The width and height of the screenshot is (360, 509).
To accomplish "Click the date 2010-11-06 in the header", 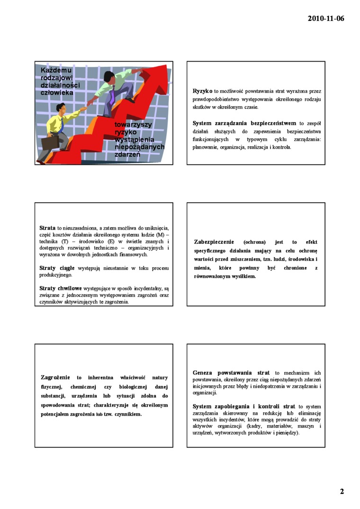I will tap(326, 19).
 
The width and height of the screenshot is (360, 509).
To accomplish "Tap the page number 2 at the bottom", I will tap(342, 491).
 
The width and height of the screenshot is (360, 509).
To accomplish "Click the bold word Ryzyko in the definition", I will tap(202, 90).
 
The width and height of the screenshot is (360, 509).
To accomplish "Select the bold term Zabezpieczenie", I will tap(214, 242).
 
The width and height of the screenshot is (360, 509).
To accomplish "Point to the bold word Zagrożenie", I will tap(55, 377).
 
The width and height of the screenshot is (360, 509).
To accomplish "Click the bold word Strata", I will tap(48, 228).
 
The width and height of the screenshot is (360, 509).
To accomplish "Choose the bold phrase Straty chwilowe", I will tap(61, 288).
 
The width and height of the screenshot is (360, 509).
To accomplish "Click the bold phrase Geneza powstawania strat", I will tap(231, 373).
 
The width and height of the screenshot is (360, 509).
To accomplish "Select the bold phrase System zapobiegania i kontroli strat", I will tap(244, 406).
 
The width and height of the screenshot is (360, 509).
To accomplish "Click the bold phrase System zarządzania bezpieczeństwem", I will tap(244, 123).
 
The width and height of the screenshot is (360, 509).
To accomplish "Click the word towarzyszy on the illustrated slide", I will tap(133, 125).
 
